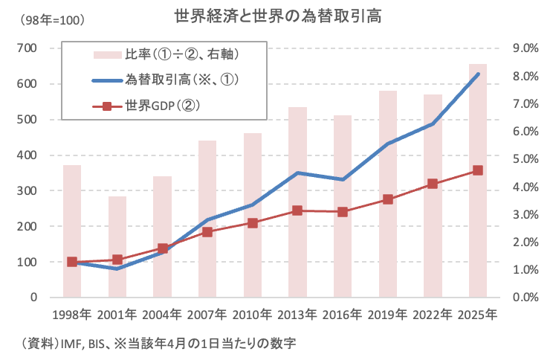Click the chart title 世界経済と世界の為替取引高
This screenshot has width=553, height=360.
pos(276,16)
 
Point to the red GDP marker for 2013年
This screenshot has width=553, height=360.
pos(297,210)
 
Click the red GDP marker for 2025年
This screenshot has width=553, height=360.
pos(478,170)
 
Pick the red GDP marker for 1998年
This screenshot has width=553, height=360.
pos(72,262)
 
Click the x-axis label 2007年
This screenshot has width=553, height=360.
pos(207,315)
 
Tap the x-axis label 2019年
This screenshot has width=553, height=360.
pos(388,315)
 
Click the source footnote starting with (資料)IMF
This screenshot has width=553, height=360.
pos(161,343)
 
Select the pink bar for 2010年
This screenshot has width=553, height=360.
pos(253,216)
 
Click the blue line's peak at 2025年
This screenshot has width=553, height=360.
pos(478,74)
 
